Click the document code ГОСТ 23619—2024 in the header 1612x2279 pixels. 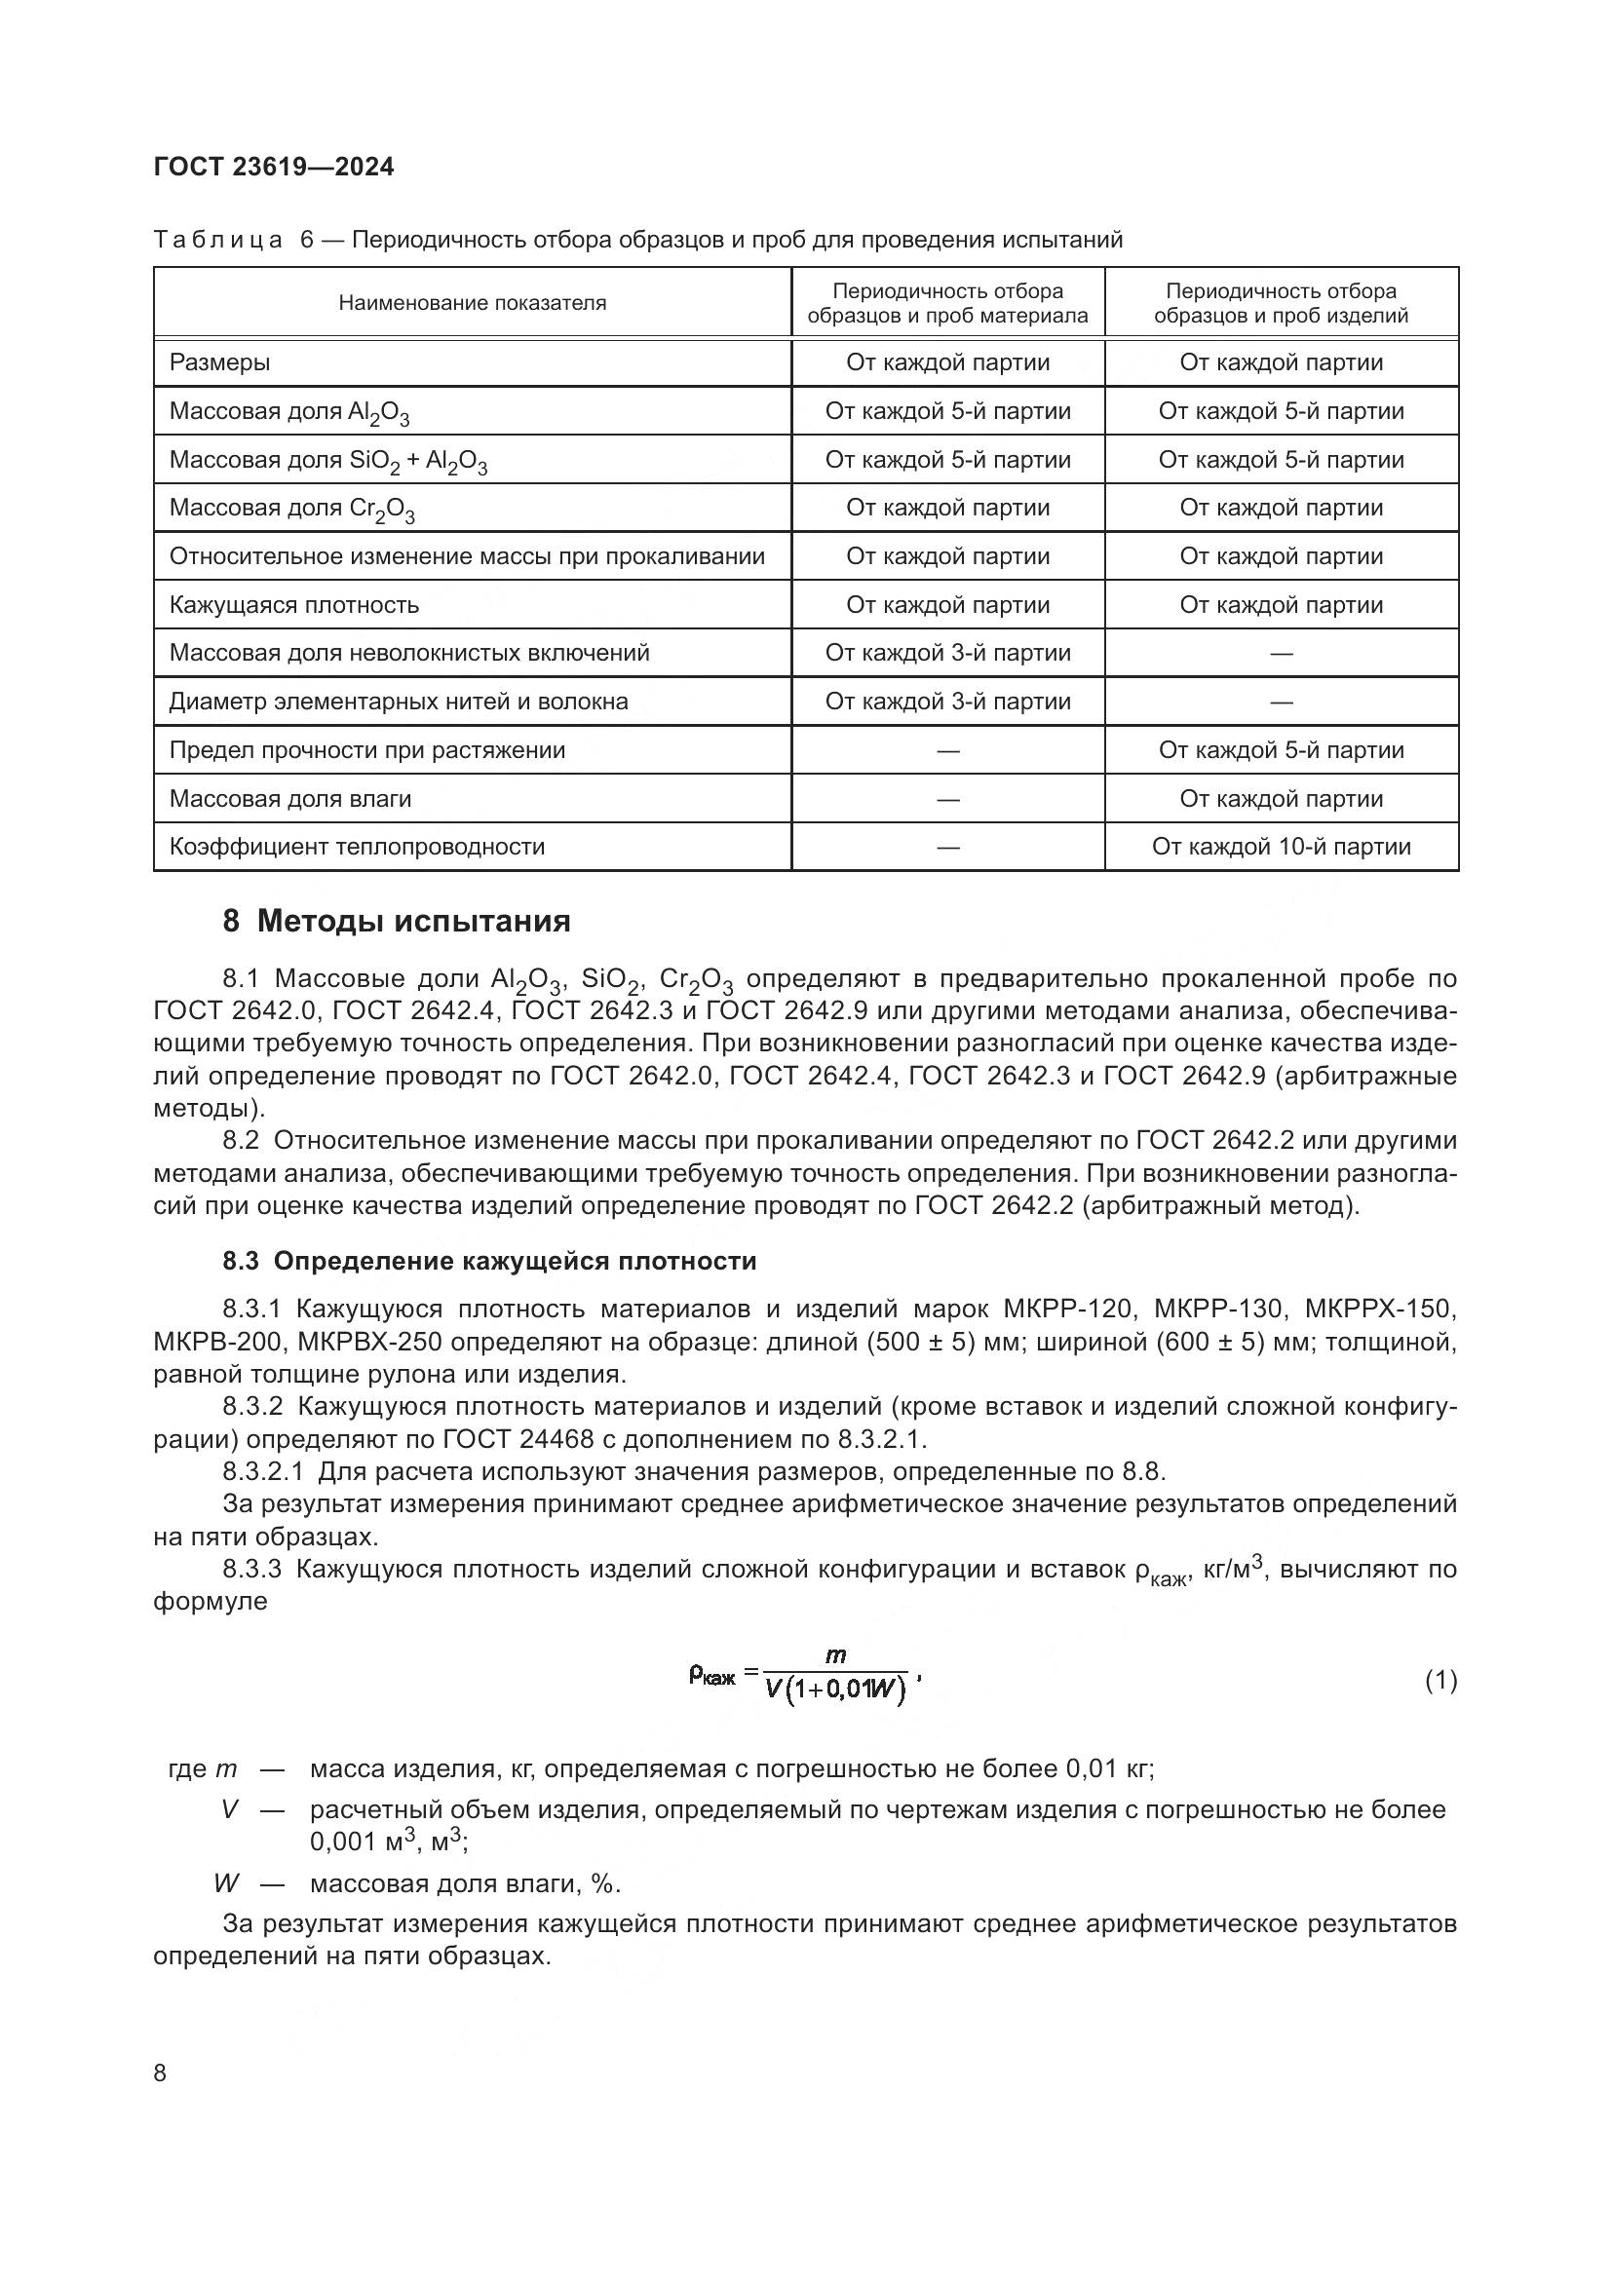tap(274, 167)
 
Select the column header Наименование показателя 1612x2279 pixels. tap(472, 303)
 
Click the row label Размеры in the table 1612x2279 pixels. tap(219, 362)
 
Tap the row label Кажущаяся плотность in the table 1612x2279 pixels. tap(293, 604)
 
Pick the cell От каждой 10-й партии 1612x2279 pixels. tap(1281, 847)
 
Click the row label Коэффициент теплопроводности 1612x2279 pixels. tap(357, 847)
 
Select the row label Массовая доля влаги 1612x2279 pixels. tap(289, 799)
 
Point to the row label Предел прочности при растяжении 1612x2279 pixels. tap(366, 750)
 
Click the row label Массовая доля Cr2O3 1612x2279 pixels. tap(291, 510)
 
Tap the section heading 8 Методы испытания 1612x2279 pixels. tap(396, 921)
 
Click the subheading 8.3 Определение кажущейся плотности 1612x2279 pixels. tap(488, 1261)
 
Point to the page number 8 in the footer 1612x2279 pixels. tap(161, 2072)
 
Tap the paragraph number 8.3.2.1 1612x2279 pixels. tap(263, 1471)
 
